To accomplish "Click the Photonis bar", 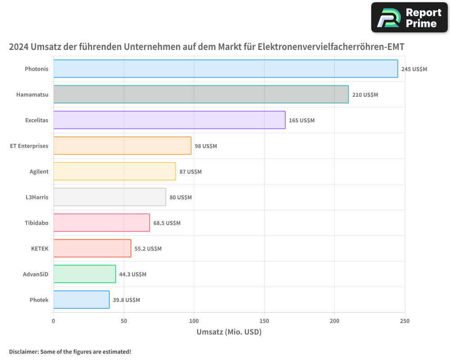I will [225, 69].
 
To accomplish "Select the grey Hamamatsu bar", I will [201, 94].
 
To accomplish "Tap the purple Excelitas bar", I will [169, 120].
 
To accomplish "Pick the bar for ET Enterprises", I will [122, 146].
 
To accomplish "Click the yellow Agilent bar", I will [114, 171].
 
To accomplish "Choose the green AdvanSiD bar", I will [85, 274].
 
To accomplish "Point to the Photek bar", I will [81, 300].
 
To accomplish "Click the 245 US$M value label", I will [414, 69].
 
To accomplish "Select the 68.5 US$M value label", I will [166, 223].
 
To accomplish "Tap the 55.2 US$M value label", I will [148, 249].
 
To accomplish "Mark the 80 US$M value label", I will [180, 198].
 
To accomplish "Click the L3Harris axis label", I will [37, 197].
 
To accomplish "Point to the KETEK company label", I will [40, 248].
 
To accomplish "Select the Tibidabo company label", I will [36, 223].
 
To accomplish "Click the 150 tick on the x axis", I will [264, 321].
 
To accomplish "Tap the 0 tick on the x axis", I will [54, 321].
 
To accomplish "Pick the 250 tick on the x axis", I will [405, 321].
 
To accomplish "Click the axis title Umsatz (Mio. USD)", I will [229, 332].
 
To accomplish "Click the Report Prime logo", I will [409, 18].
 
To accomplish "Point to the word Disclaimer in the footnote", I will [23, 351].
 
